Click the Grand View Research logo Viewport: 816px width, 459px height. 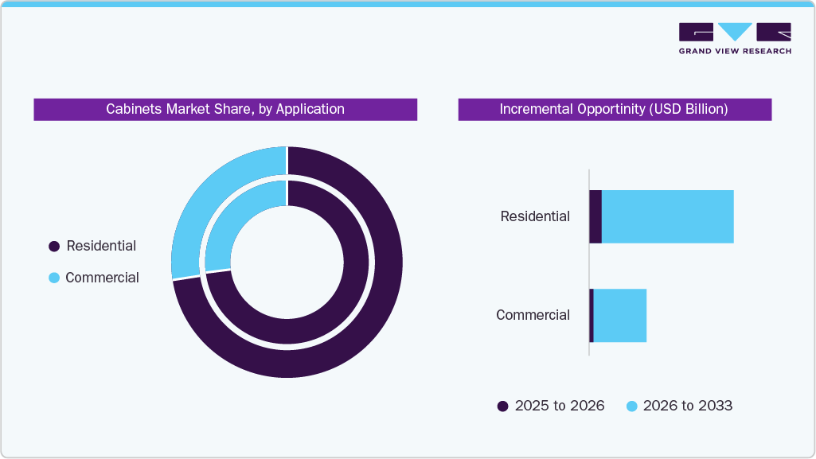point(734,37)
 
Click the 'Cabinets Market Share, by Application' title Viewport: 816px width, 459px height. point(225,109)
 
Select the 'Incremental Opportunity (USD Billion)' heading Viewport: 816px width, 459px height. point(614,109)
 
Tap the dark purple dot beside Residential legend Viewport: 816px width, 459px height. point(54,247)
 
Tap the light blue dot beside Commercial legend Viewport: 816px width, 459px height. point(54,278)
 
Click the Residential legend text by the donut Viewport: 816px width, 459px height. point(101,246)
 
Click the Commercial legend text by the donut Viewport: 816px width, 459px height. point(102,278)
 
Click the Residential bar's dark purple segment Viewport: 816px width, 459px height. point(595,216)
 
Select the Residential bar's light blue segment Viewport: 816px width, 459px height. point(667,216)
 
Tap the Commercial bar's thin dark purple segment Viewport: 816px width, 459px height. point(592,316)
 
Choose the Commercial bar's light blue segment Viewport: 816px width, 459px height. point(620,316)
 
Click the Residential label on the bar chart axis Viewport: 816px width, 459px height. point(535,216)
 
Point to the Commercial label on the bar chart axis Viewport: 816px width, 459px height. point(533,315)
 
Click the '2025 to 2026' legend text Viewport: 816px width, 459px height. point(560,406)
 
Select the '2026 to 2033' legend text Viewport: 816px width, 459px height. point(688,406)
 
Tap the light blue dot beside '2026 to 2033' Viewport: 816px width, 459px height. point(632,406)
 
